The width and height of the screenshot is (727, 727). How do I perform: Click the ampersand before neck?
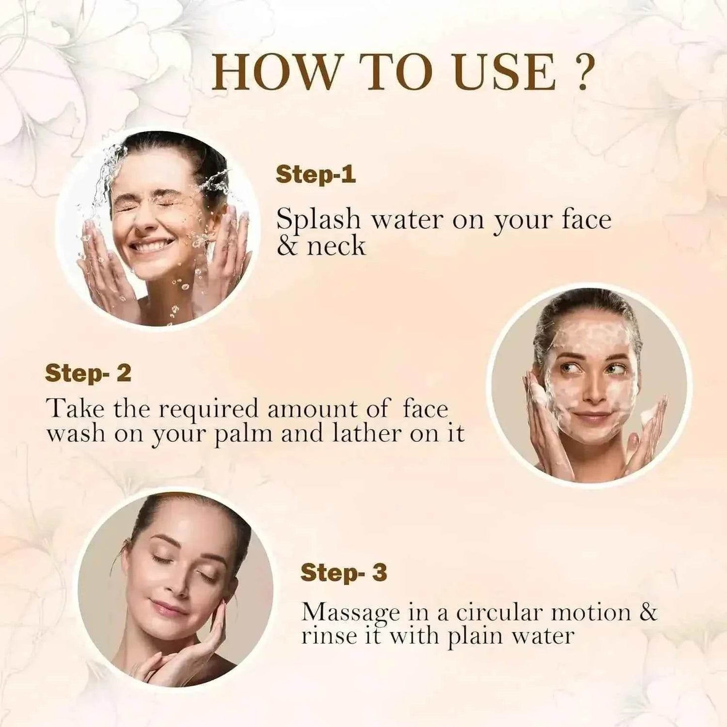pos(287,247)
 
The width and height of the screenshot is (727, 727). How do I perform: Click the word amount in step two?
pos(308,410)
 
